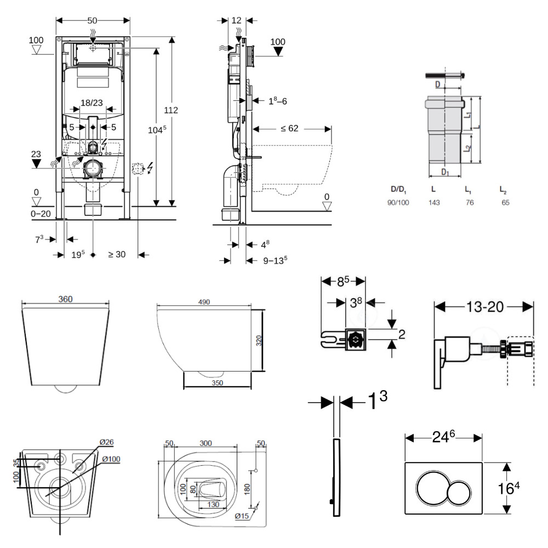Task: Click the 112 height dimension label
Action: [x=171, y=110]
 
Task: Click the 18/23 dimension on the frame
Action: [x=92, y=102]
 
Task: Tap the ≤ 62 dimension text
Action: [x=289, y=129]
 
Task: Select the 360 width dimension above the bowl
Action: [x=65, y=299]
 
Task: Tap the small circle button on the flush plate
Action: [x=460, y=488]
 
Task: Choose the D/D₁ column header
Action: [x=399, y=189]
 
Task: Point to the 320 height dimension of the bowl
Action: [x=259, y=340]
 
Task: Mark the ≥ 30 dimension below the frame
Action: [x=117, y=254]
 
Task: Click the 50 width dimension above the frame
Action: [x=93, y=20]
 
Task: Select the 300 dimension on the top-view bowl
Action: [x=206, y=443]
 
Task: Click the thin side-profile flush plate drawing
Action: [x=336, y=477]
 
